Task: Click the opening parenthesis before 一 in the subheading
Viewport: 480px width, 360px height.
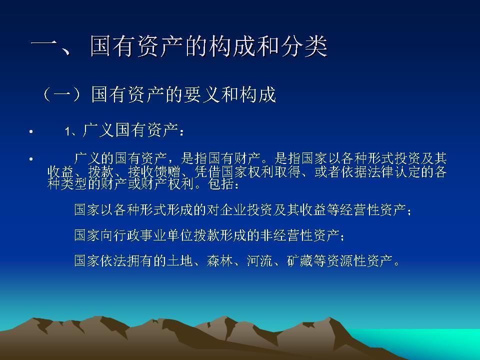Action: coord(47,94)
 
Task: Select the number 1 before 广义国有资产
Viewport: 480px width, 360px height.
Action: coord(67,132)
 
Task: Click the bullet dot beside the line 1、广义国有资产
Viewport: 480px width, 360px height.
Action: coord(31,132)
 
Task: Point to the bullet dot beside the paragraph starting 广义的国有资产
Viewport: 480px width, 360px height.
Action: coord(31,159)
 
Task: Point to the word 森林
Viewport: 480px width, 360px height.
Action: coord(219,261)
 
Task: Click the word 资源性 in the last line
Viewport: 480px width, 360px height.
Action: coord(349,261)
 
